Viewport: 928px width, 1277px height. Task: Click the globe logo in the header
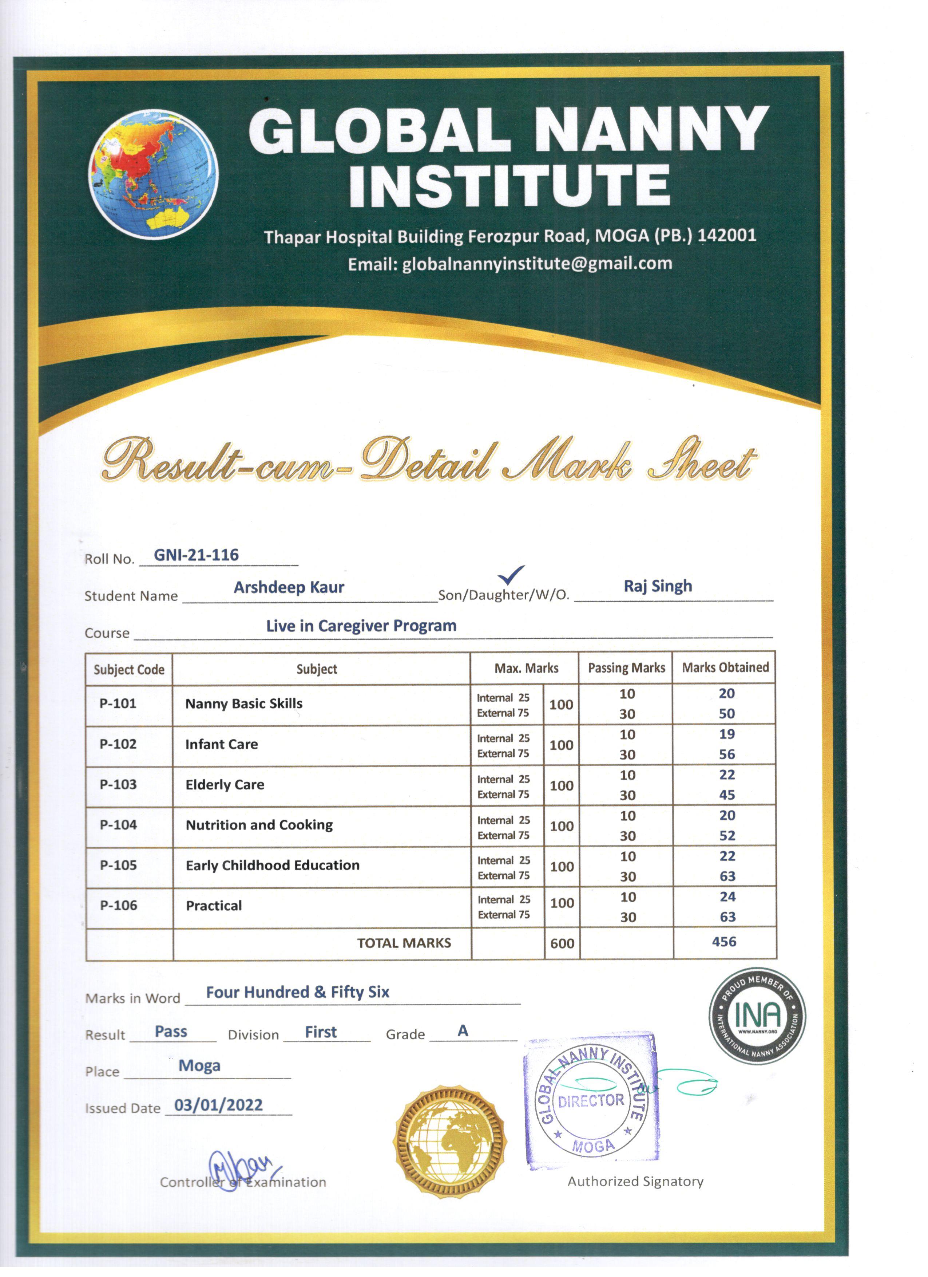coord(154,174)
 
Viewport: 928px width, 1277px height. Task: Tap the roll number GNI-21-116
coord(197,555)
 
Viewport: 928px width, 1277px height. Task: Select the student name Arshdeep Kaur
coord(289,587)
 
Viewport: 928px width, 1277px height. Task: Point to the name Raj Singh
coord(657,586)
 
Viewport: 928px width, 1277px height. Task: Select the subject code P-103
coord(118,784)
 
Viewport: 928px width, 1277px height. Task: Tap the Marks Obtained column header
coord(725,668)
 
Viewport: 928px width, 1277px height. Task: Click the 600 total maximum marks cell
coord(562,944)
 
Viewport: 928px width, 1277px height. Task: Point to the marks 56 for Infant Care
coord(726,754)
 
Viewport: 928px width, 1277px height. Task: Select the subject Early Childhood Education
coord(272,866)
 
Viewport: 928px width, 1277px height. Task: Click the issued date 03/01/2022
coord(218,1105)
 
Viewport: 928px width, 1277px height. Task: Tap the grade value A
coord(463,1031)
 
